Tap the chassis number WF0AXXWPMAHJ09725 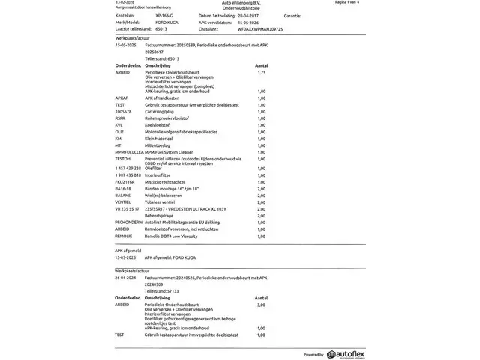point(259,28)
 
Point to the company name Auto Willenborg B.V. point(239,3)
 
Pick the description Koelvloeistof point(157,124)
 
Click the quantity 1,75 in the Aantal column point(261,72)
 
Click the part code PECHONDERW point(129,223)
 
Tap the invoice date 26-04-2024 point(126,277)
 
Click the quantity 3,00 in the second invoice point(261,304)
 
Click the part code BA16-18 point(123,188)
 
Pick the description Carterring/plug point(160,111)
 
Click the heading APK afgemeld point(128,250)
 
